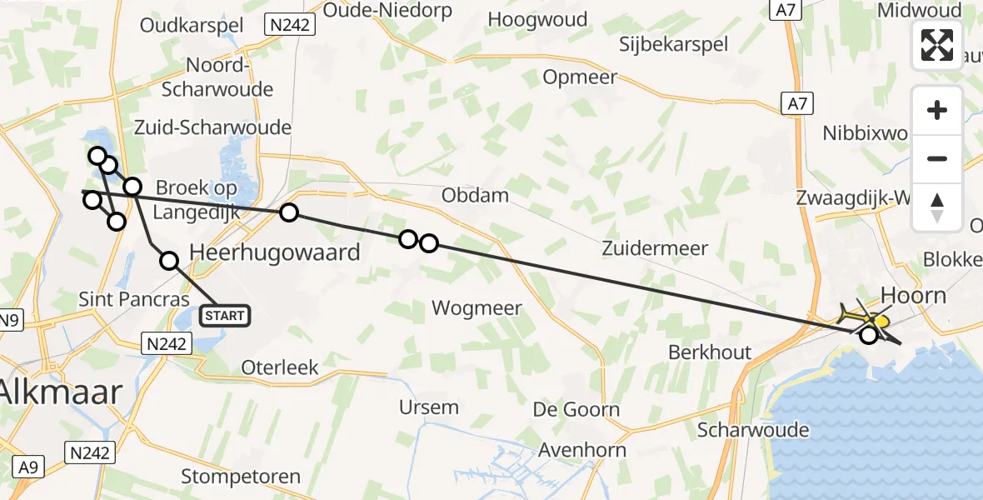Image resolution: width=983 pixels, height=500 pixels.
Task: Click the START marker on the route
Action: pyautogui.click(x=225, y=316)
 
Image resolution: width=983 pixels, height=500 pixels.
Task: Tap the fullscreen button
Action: pyautogui.click(x=937, y=45)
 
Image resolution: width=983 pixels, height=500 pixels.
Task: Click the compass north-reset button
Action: pyautogui.click(x=937, y=207)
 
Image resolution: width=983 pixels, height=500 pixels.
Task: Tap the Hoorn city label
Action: pyautogui.click(x=914, y=296)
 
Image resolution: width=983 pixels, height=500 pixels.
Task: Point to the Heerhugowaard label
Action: pyautogui.click(x=275, y=252)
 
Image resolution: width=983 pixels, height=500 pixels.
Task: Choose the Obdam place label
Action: pyautogui.click(x=476, y=196)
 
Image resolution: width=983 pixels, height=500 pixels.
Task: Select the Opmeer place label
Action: pyautogui.click(x=580, y=77)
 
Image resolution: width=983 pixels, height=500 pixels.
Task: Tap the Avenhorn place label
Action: pyautogui.click(x=582, y=450)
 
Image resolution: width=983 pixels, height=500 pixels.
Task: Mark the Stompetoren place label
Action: pyautogui.click(x=242, y=477)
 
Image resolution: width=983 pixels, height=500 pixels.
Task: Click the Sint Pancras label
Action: pyautogui.click(x=134, y=299)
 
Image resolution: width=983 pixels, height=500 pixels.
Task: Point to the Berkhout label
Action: pyautogui.click(x=710, y=352)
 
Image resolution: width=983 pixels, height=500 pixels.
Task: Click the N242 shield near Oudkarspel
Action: pyautogui.click(x=290, y=25)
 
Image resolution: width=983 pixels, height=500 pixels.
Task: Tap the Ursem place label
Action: pyautogui.click(x=429, y=407)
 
